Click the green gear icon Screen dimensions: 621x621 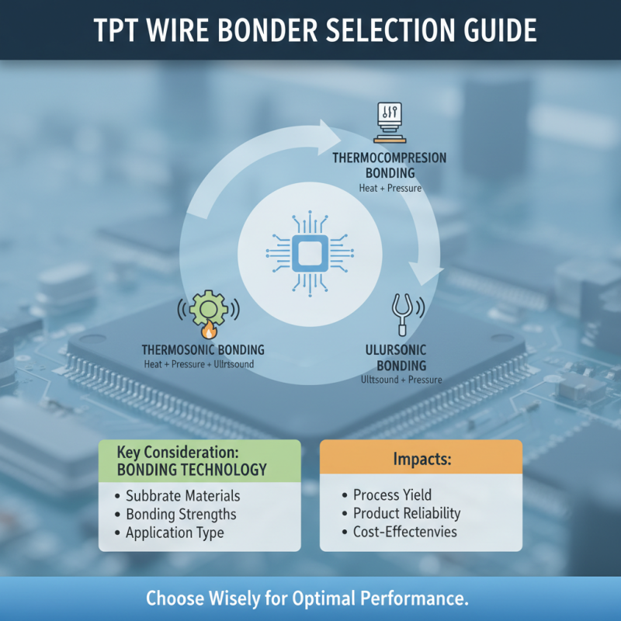(x=207, y=309)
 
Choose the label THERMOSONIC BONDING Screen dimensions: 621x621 (x=203, y=350)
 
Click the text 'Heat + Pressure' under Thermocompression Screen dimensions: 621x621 (x=390, y=187)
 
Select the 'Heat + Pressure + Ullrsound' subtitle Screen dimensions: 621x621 (x=199, y=364)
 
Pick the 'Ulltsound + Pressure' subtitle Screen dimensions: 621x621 (x=401, y=380)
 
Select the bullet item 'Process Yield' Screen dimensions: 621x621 (x=392, y=495)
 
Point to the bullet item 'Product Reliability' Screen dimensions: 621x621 (x=407, y=513)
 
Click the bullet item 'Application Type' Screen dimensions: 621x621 (x=175, y=533)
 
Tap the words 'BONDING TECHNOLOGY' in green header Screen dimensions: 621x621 (x=191, y=470)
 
